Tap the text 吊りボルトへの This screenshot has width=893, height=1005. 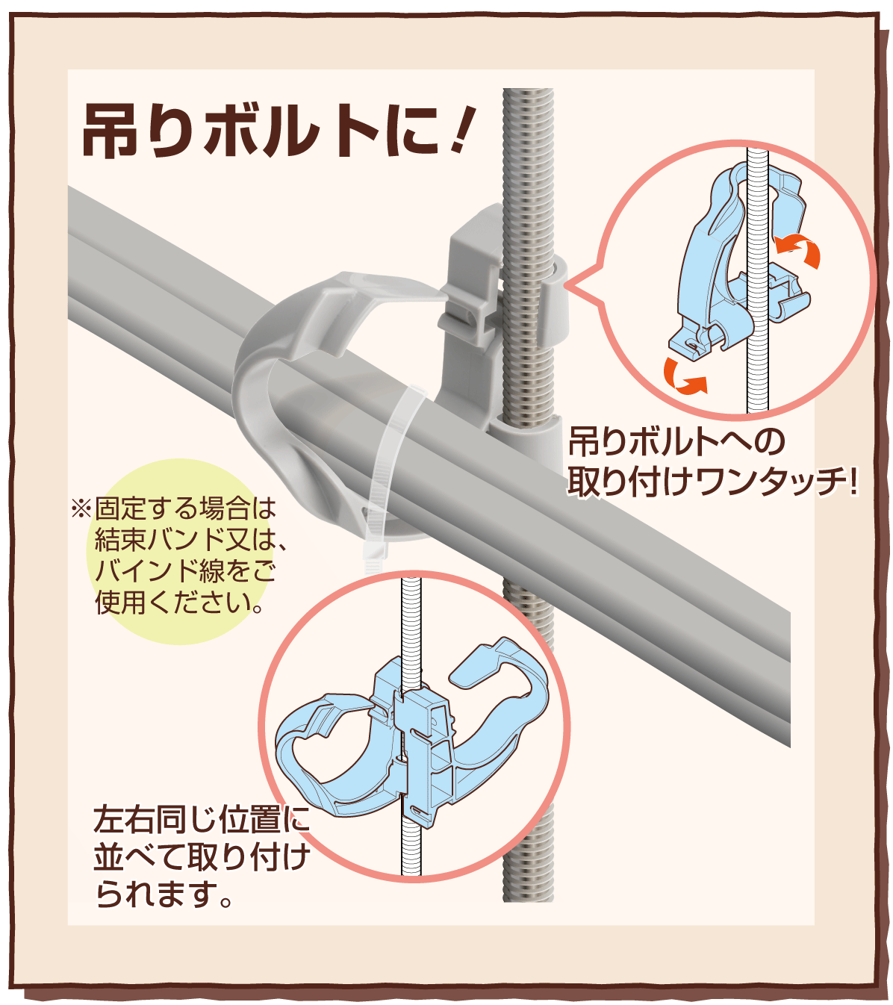click(676, 442)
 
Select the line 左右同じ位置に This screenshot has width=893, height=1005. click(202, 820)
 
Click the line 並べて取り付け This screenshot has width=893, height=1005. click(202, 857)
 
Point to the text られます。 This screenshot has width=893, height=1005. click(164, 894)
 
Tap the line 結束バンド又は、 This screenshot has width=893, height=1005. click(190, 539)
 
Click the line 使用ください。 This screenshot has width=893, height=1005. click(179, 602)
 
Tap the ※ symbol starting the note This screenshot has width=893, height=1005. click(80, 509)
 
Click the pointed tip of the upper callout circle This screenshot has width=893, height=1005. click(570, 284)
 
